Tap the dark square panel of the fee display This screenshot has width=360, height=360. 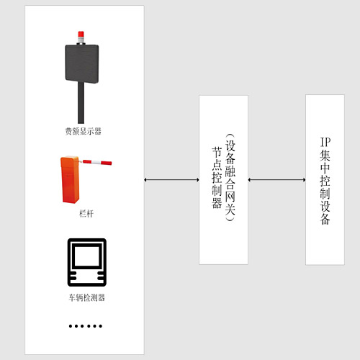pyautogui.click(x=82, y=63)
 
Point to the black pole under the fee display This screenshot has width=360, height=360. pyautogui.click(x=81, y=103)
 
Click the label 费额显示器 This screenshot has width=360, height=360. pyautogui.click(x=83, y=131)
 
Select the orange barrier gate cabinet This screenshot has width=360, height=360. pyautogui.click(x=70, y=179)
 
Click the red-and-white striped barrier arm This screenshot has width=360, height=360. pyautogui.click(x=96, y=162)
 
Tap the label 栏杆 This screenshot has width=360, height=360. pyautogui.click(x=86, y=213)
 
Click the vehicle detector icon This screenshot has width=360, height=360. pyautogui.click(x=87, y=262)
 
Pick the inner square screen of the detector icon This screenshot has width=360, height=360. pyautogui.click(x=87, y=256)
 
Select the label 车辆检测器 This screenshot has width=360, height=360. pyautogui.click(x=86, y=298)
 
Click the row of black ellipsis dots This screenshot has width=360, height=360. pyautogui.click(x=86, y=326)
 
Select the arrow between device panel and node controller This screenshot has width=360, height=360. pyautogui.click(x=171, y=180)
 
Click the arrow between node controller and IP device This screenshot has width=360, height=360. pyautogui.click(x=276, y=180)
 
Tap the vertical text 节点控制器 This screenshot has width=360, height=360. pyautogui.click(x=217, y=178)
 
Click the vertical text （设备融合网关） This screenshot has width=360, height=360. pyautogui.click(x=230, y=178)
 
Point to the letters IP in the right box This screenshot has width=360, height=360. pyautogui.click(x=325, y=142)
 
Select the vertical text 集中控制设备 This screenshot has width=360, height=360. pyautogui.click(x=325, y=187)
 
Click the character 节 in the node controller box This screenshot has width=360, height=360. pyautogui.click(x=217, y=153)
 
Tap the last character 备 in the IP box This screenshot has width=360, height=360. pyautogui.click(x=325, y=219)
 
